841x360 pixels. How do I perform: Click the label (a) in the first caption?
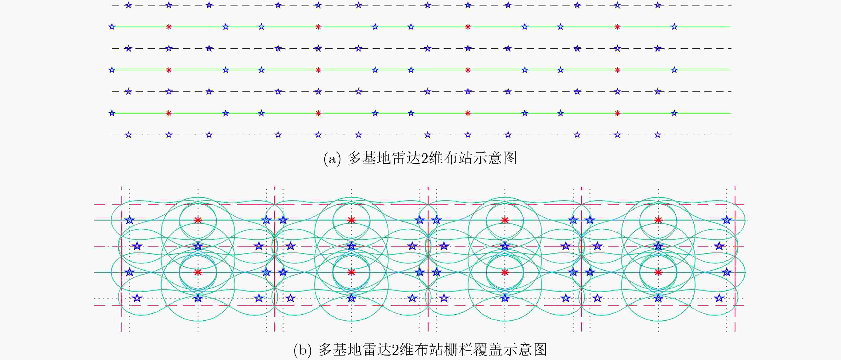(332, 159)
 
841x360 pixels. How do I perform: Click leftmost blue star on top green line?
(112, 27)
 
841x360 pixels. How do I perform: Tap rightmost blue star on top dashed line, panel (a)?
(657, 5)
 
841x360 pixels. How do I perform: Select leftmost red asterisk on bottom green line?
(168, 113)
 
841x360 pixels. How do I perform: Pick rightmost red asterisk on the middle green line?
(617, 70)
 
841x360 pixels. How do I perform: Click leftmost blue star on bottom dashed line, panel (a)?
(128, 135)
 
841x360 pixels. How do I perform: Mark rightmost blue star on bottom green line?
(674, 113)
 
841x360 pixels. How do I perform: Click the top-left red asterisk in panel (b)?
(198, 220)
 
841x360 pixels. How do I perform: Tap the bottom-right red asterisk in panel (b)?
(658, 272)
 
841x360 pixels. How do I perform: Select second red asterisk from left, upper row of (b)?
(351, 220)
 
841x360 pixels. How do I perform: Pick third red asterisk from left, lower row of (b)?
(505, 272)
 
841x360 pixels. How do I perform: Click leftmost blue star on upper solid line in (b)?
(130, 220)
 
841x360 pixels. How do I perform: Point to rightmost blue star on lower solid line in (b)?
(726, 272)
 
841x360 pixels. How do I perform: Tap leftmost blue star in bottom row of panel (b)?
(137, 298)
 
